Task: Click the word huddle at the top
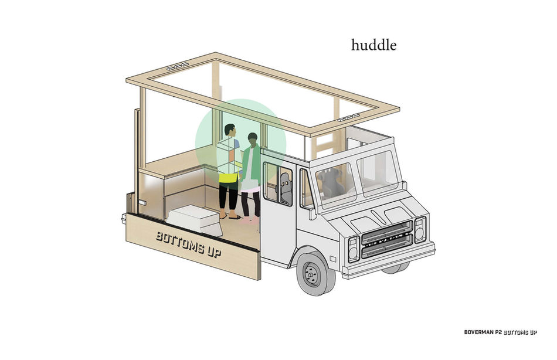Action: [x=373, y=45]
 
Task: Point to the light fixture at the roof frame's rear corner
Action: [x=177, y=67]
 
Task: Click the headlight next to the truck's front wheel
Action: [x=354, y=249]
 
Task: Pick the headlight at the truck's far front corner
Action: [x=420, y=229]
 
